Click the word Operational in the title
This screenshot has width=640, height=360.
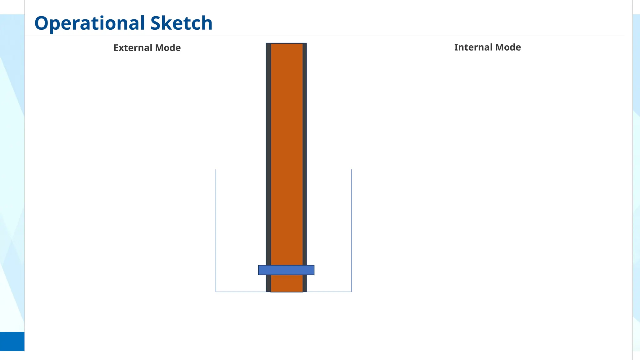click(x=90, y=23)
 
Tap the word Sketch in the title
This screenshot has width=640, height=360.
click(x=181, y=23)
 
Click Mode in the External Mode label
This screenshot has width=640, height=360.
click(x=168, y=48)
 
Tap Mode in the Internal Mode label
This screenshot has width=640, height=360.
click(x=508, y=47)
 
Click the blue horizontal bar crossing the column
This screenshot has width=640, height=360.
click(x=286, y=270)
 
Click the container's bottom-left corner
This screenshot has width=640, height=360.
click(x=216, y=292)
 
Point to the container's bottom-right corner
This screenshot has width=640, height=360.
click(x=352, y=292)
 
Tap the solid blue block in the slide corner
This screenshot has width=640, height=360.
click(x=12, y=341)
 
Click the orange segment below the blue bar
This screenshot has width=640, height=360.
click(x=287, y=283)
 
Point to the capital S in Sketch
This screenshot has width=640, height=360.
click(x=155, y=23)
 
